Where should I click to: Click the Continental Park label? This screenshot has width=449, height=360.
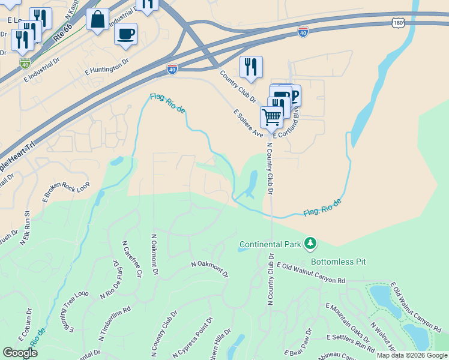click(x=270, y=244)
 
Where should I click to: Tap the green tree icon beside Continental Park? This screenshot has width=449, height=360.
click(x=310, y=243)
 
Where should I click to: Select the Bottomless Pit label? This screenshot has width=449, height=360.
click(x=338, y=262)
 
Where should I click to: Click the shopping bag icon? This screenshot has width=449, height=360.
click(x=97, y=19)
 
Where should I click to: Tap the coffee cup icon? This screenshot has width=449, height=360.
click(x=125, y=34)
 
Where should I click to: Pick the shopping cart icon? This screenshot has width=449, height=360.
click(x=271, y=117)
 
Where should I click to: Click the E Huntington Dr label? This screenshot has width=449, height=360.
click(x=106, y=66)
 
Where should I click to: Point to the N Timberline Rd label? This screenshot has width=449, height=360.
click(x=114, y=320)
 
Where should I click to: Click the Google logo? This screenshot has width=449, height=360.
click(x=20, y=353)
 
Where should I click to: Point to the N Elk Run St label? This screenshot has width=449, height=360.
click(x=25, y=227)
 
